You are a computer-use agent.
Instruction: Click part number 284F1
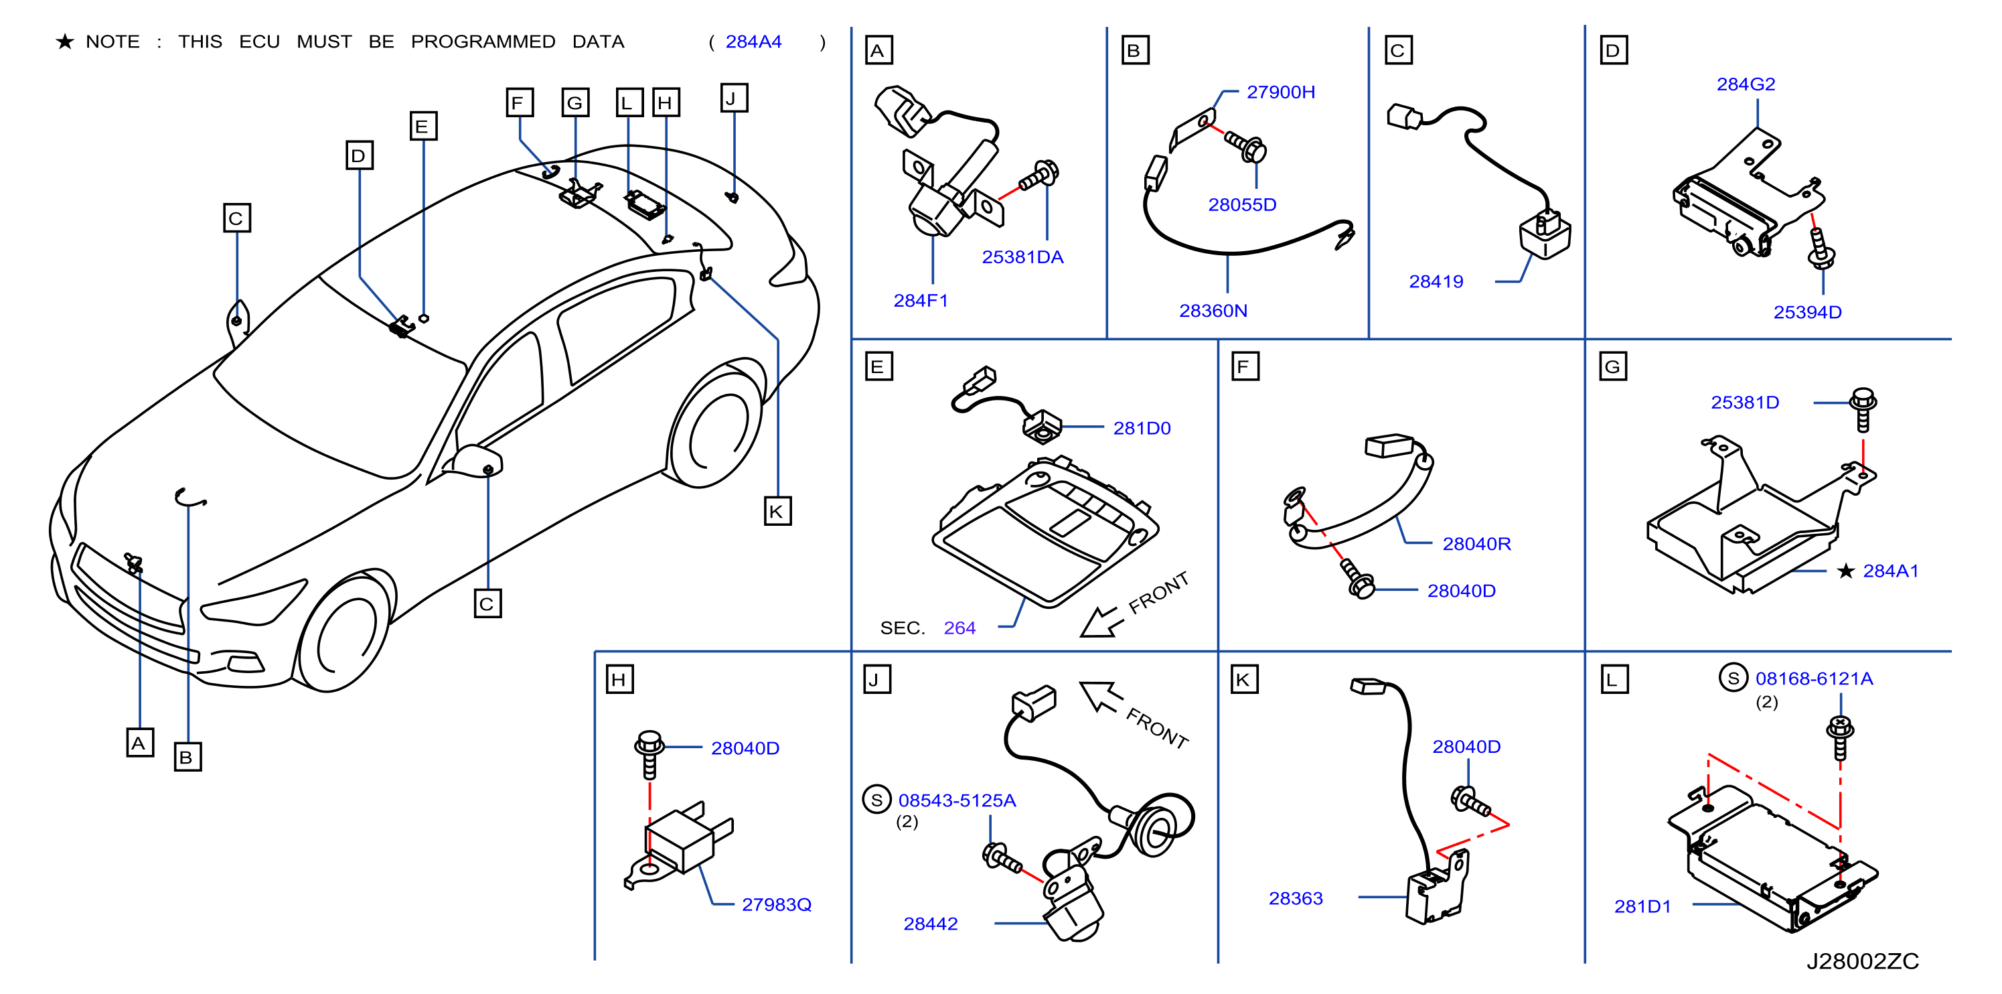tap(920, 301)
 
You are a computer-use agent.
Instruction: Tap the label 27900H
tap(1281, 92)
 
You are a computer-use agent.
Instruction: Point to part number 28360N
tap(1213, 311)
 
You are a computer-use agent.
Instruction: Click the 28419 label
tap(1436, 282)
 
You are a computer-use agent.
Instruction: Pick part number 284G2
tap(1746, 84)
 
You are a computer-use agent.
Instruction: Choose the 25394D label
tap(1807, 312)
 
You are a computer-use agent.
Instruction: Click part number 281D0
tap(1142, 428)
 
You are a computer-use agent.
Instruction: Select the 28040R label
tap(1476, 544)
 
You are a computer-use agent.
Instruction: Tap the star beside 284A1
tap(1846, 571)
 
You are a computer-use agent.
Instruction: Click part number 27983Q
tap(777, 905)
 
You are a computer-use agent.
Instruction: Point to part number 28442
tap(930, 924)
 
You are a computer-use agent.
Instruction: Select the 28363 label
tap(1296, 898)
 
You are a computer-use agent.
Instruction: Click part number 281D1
tap(1642, 906)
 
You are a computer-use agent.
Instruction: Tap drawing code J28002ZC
tap(1862, 961)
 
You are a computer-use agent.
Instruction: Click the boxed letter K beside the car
tap(777, 511)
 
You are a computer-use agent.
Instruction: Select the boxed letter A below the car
tap(140, 743)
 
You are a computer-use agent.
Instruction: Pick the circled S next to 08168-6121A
tap(1733, 679)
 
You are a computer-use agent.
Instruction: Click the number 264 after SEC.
tap(959, 628)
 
